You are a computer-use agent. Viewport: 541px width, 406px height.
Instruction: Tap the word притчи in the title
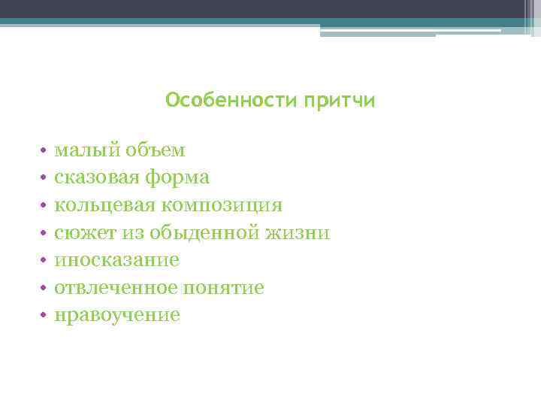tap(339, 101)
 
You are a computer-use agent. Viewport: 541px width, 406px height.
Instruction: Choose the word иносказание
tap(116, 260)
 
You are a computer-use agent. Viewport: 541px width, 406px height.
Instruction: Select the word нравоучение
tap(116, 315)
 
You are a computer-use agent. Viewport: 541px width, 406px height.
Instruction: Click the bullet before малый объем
tap(44, 151)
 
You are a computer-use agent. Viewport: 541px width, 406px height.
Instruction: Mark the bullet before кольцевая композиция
tap(44, 206)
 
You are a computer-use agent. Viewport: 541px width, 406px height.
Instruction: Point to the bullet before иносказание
tap(44, 261)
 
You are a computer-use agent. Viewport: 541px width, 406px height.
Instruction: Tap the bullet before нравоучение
tap(44, 316)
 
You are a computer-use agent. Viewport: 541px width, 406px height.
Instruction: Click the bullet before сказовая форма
tap(44, 179)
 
